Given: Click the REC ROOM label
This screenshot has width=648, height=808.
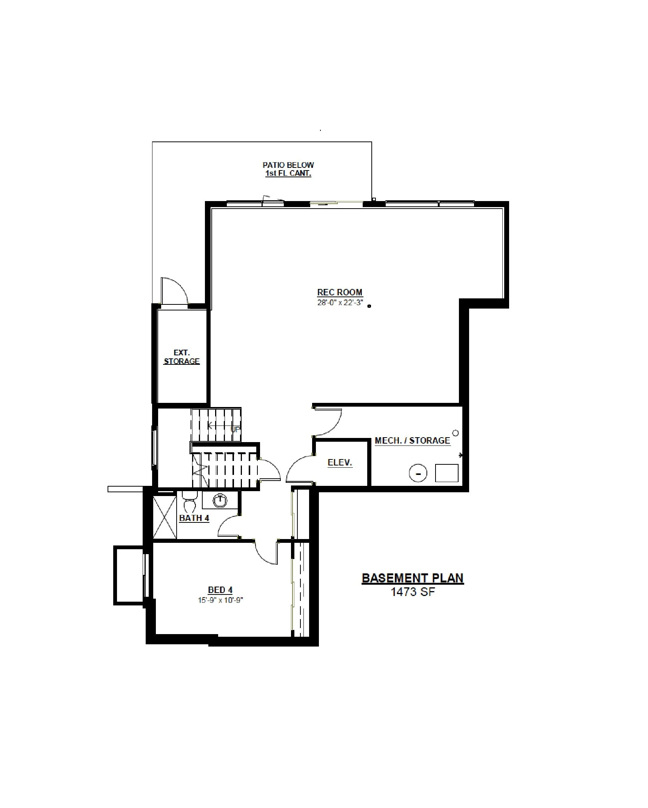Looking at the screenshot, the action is [x=340, y=292].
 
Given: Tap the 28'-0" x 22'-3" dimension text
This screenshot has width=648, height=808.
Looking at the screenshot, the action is [x=340, y=303].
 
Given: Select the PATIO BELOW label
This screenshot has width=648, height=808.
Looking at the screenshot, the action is [x=288, y=165].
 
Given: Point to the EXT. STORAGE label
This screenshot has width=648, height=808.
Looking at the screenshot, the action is [x=182, y=357].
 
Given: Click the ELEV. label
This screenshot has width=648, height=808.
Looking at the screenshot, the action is [x=340, y=462].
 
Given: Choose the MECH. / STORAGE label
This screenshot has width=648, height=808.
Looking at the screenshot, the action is [x=413, y=441].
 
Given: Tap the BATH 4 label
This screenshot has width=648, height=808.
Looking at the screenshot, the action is [x=194, y=518].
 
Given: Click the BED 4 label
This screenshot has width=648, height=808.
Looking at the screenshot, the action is [x=220, y=590].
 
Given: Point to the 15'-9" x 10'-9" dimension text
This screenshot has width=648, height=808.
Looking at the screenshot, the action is [x=220, y=600].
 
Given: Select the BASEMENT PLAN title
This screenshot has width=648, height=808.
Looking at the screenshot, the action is [x=413, y=578].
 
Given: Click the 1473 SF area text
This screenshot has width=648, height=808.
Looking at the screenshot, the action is [x=413, y=591].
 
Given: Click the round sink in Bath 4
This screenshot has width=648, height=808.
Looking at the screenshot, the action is [x=221, y=501].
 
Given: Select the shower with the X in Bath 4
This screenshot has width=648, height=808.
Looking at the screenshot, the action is [x=165, y=517].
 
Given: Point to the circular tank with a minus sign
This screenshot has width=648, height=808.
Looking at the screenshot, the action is [x=418, y=473].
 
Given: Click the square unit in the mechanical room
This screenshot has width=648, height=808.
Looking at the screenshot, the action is [x=447, y=473].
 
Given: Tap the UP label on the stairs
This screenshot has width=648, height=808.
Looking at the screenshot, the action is [x=235, y=429].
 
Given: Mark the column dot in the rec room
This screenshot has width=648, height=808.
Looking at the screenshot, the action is [x=369, y=306].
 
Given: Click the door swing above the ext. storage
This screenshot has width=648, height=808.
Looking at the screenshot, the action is [x=175, y=290].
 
